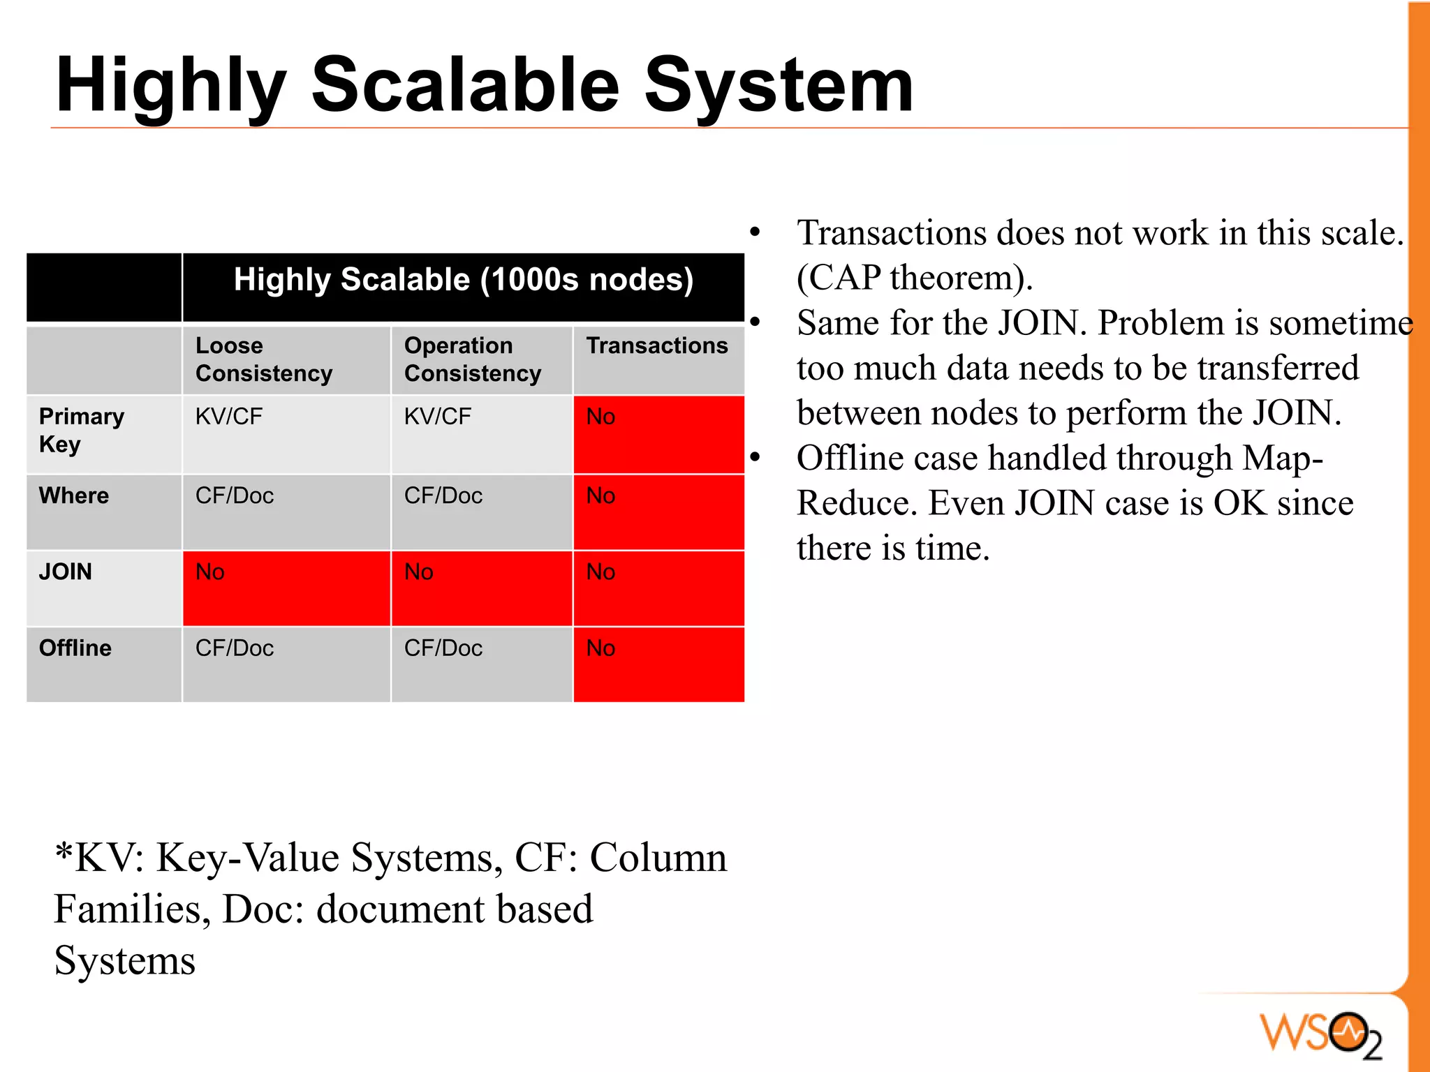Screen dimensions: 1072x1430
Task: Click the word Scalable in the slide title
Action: coord(464,85)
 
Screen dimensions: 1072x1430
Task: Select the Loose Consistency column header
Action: coord(264,359)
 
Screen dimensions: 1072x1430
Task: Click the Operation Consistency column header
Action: coord(472,359)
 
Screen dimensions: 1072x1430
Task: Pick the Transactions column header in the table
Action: coord(657,346)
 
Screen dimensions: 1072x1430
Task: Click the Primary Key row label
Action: coord(81,430)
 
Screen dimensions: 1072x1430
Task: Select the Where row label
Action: coord(74,496)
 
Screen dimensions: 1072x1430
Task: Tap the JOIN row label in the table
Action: coord(66,572)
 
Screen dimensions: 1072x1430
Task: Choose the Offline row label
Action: coord(75,648)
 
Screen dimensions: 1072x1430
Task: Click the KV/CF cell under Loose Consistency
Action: coord(229,417)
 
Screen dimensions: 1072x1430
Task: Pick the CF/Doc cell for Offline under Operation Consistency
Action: coord(444,648)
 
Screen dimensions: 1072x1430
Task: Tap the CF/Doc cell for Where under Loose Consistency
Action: coord(235,496)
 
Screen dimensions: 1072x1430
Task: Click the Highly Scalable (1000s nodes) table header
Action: coord(463,280)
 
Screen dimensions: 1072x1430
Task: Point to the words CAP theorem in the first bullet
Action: coord(914,278)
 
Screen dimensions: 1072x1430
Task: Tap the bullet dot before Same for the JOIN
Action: coord(755,322)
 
